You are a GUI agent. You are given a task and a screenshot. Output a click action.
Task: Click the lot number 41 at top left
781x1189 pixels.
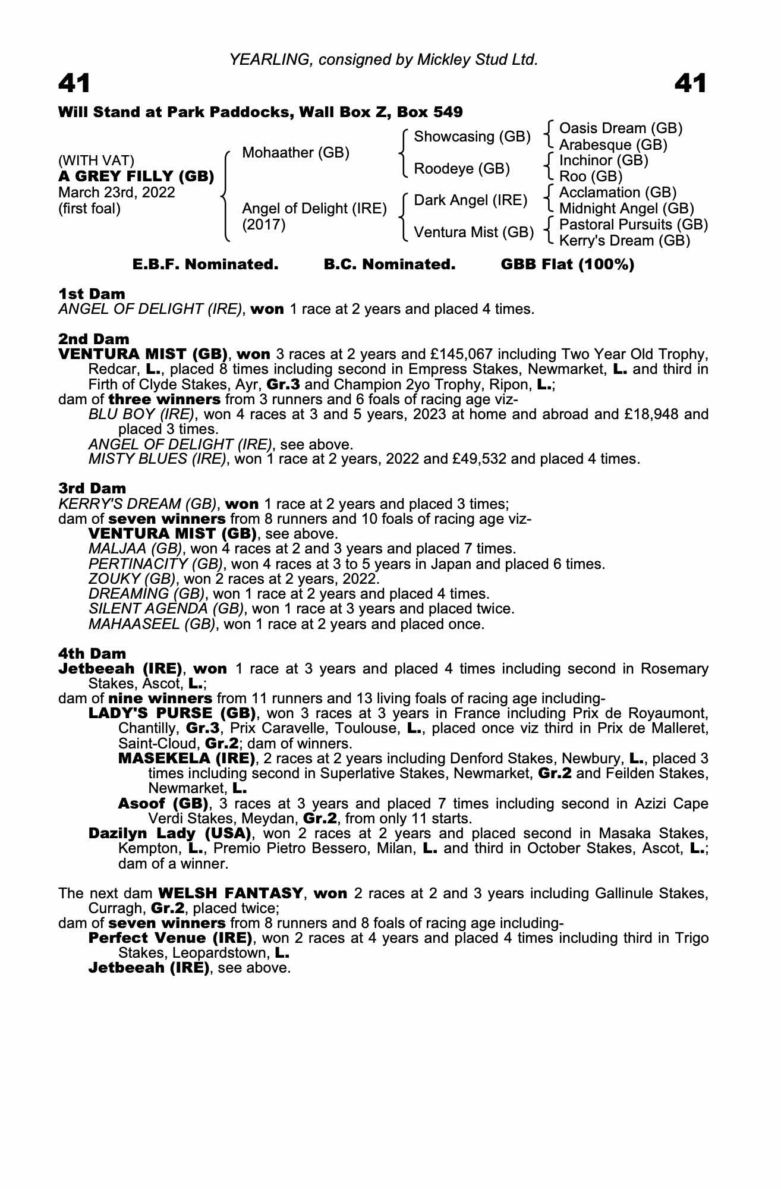[x=74, y=83]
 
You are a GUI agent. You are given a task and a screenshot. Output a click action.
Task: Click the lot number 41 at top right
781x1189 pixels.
[x=690, y=83]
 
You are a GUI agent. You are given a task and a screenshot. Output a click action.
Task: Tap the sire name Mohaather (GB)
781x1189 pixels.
[x=295, y=153]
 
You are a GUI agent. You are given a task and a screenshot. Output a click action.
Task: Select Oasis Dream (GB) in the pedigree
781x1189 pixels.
[x=621, y=128]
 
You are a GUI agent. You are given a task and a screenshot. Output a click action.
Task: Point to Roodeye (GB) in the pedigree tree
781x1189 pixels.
[x=462, y=169]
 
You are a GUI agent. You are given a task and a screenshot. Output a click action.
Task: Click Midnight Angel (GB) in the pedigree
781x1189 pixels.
[x=626, y=209]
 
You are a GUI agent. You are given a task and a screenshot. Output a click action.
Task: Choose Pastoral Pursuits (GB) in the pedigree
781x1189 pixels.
[x=634, y=225]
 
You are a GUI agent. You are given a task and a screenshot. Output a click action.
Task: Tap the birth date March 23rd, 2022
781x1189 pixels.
[x=116, y=193]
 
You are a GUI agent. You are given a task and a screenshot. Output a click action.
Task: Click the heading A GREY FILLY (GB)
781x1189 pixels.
[x=136, y=177]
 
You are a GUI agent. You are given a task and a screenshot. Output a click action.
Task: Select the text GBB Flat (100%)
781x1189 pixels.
[x=568, y=265]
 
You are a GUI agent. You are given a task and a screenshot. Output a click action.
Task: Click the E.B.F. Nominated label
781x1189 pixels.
[x=205, y=265]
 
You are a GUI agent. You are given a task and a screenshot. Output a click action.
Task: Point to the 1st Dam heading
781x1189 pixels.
[x=92, y=294]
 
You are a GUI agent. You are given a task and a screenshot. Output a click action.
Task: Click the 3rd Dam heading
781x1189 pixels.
[x=92, y=488]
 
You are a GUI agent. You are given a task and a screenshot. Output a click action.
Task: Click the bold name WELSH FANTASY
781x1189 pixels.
[x=231, y=894]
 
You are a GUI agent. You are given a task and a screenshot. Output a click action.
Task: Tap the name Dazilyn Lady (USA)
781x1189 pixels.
[x=169, y=833]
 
